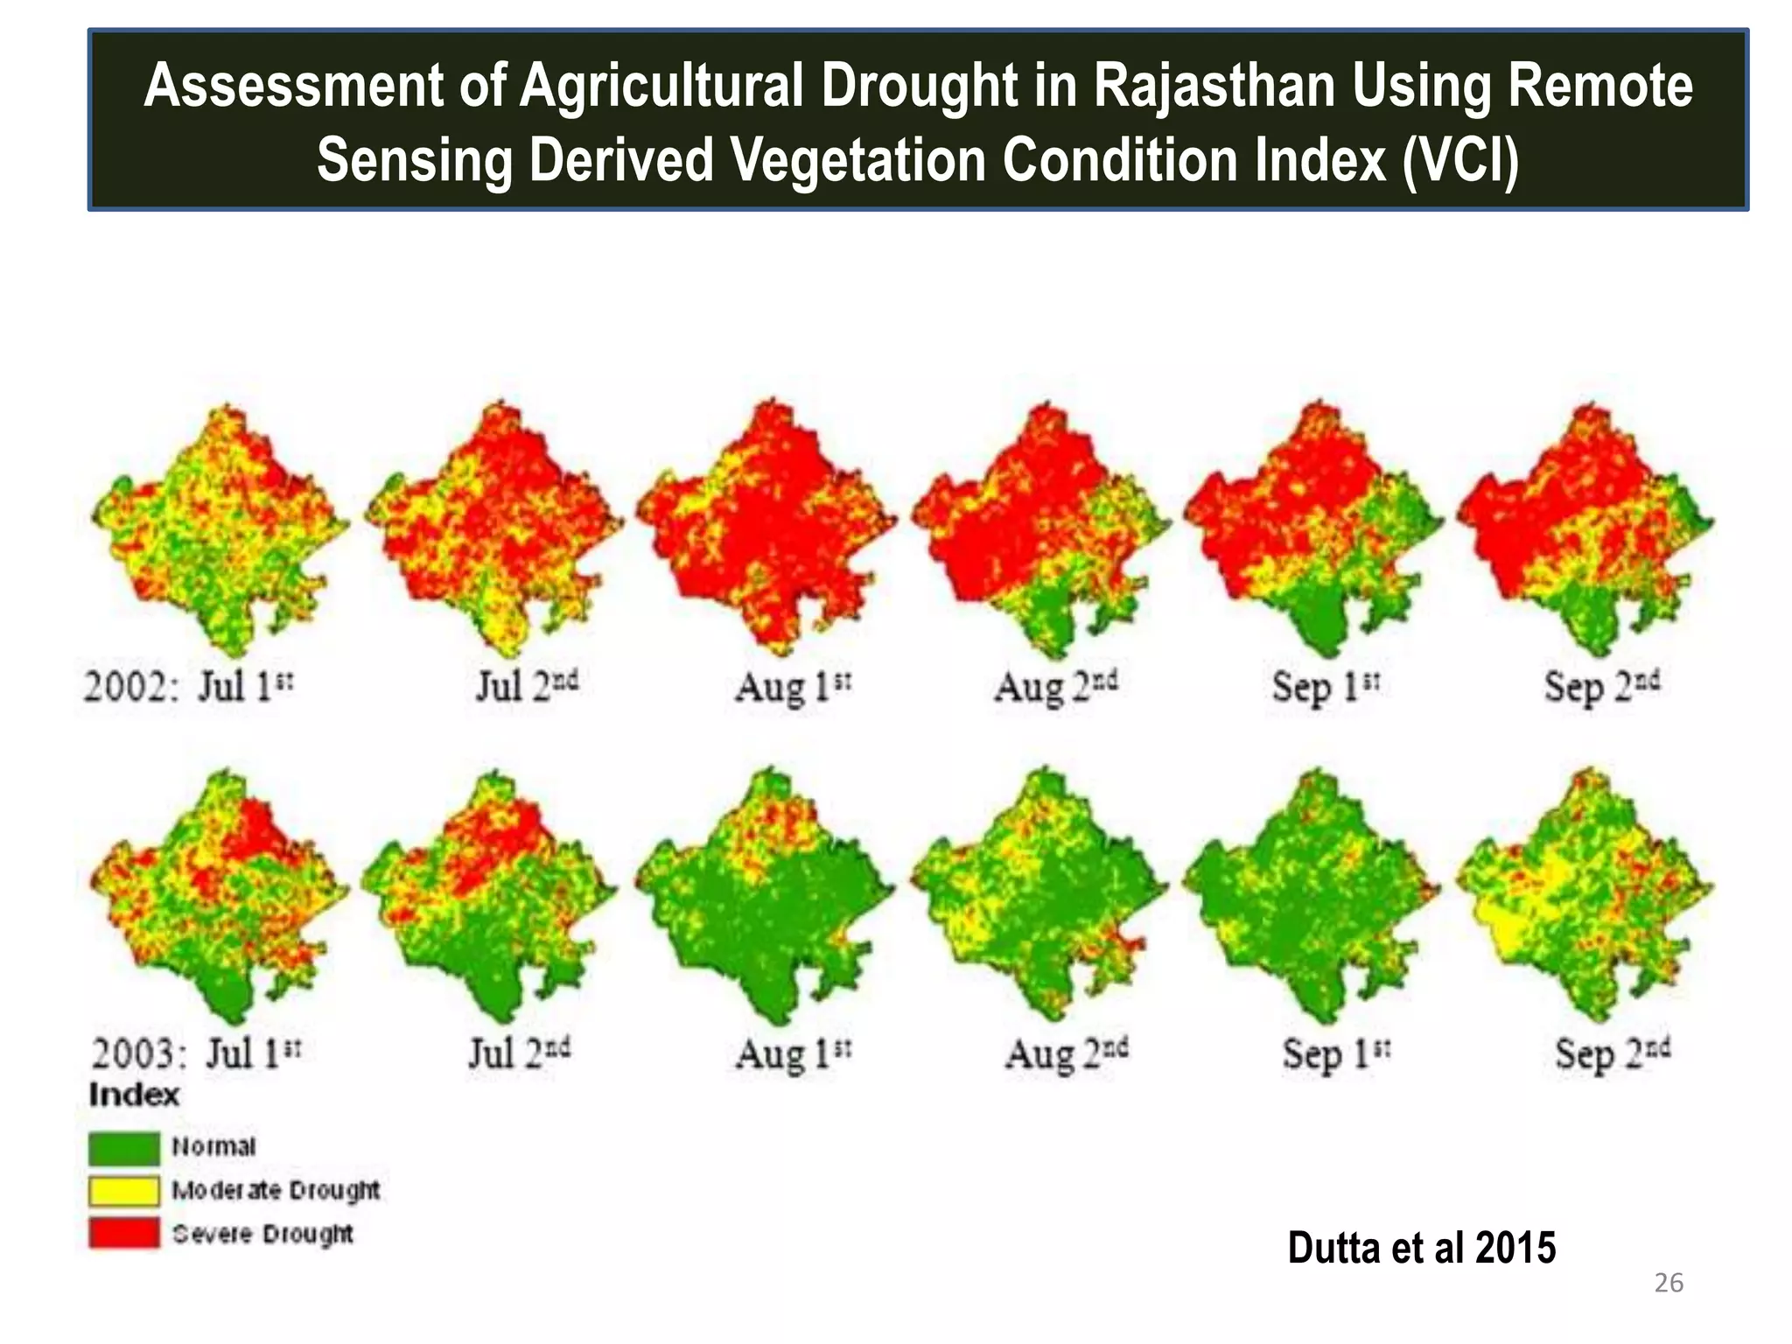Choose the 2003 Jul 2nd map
click(x=490, y=897)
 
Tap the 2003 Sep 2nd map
click(x=1584, y=897)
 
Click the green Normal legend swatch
click(x=124, y=1147)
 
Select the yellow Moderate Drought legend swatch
click(x=124, y=1191)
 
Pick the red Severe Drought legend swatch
click(x=124, y=1234)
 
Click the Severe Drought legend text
click(x=262, y=1234)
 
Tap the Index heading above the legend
click(x=134, y=1095)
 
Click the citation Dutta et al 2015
click(x=1421, y=1248)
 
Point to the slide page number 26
click(x=1669, y=1283)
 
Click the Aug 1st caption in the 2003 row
click(x=793, y=1053)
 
